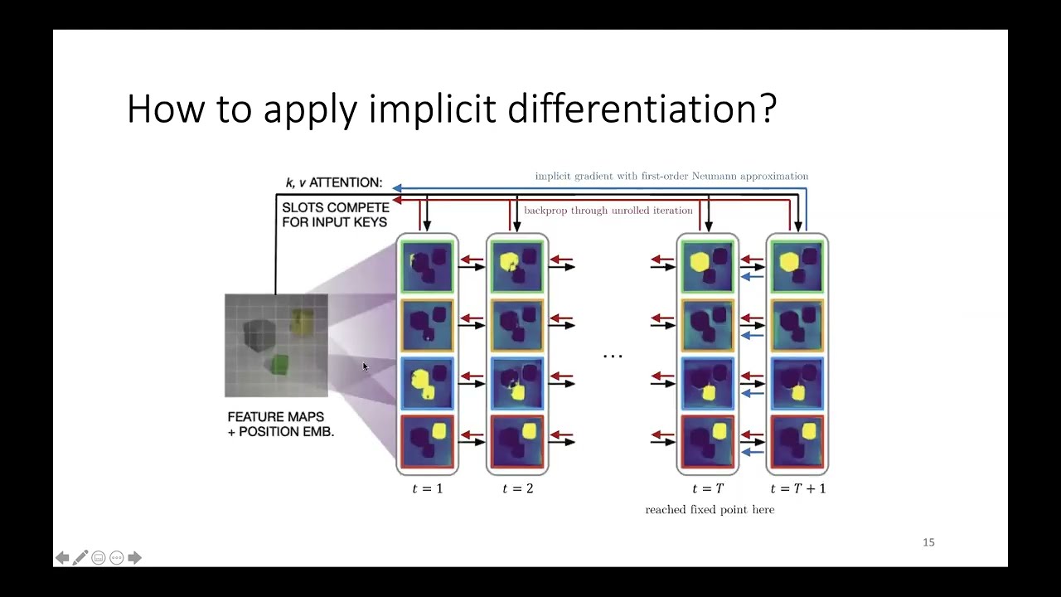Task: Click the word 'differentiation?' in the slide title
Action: point(642,109)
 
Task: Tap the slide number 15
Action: point(928,542)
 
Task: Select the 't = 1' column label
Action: point(428,488)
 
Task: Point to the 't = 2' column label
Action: point(518,488)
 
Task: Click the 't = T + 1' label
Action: point(797,488)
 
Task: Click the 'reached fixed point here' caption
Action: point(710,509)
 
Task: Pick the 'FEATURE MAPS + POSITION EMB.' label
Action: point(280,424)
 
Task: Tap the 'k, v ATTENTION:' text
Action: point(334,182)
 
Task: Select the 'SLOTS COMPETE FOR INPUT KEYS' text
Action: point(335,215)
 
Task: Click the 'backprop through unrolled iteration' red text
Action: point(608,211)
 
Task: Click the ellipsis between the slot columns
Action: point(613,356)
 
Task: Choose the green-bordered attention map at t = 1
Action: point(428,265)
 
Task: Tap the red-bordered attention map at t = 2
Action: point(518,442)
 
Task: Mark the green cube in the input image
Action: point(279,364)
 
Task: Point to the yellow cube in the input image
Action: point(302,322)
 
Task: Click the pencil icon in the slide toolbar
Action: point(80,558)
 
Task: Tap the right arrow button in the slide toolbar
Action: point(135,558)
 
